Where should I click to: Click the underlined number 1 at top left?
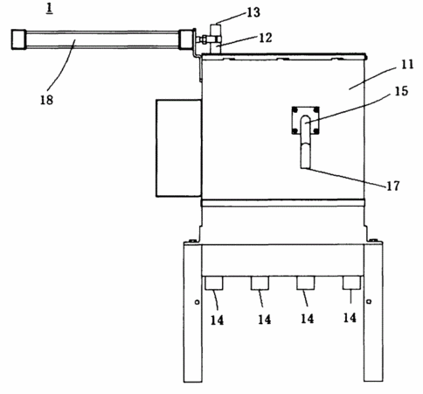[x=50, y=9]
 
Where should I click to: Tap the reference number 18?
[x=46, y=100]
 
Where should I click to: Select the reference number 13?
[x=253, y=12]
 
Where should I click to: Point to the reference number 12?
[x=266, y=38]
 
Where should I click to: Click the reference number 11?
[x=407, y=64]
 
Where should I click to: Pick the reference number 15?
[x=401, y=91]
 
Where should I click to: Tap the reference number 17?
[x=393, y=186]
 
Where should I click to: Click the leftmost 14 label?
[x=217, y=320]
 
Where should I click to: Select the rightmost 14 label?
[x=350, y=318]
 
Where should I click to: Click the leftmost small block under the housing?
[x=214, y=283]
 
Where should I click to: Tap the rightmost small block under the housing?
[x=351, y=283]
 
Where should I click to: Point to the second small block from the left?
[x=260, y=283]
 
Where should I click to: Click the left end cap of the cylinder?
[x=19, y=39]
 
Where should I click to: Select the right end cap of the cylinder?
[x=186, y=39]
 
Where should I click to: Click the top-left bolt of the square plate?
[x=295, y=110]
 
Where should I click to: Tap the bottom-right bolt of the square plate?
[x=316, y=131]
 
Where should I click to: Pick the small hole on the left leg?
[x=197, y=302]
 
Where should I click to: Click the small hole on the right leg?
[x=369, y=301]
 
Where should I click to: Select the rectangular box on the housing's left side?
[x=178, y=148]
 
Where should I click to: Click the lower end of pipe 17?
[x=305, y=168]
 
